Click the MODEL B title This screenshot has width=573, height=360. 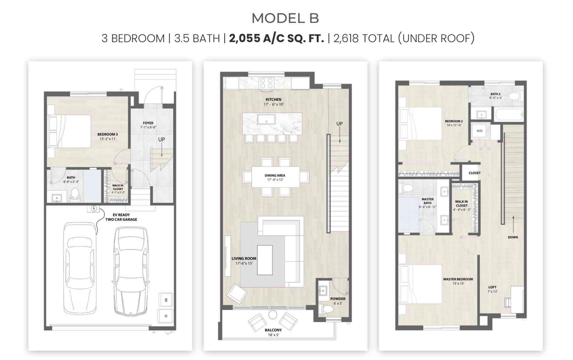click(285, 18)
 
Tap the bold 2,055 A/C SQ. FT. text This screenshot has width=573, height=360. click(276, 39)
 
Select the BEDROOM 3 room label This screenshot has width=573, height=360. click(108, 134)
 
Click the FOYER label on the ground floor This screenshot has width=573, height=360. click(148, 123)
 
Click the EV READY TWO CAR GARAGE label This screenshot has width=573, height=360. click(121, 217)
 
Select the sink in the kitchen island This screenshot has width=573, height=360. click(266, 119)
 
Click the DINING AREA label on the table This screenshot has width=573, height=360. click(275, 175)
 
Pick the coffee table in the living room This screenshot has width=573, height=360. click(265, 260)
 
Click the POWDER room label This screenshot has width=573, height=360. click(338, 299)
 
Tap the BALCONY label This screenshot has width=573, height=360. click(273, 330)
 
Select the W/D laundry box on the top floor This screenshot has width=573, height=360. click(479, 131)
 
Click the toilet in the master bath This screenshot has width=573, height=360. click(406, 188)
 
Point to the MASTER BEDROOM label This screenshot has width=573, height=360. click(458, 279)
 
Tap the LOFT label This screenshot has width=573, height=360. click(492, 287)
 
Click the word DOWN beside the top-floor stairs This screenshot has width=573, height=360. click(513, 237)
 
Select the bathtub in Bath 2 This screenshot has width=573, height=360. click(509, 115)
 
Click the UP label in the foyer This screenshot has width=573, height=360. click(161, 139)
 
